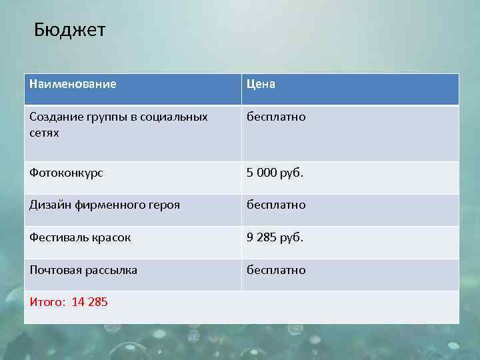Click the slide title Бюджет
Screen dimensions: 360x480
(69, 31)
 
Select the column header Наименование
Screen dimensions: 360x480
(73, 84)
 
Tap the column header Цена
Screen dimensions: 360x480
(261, 84)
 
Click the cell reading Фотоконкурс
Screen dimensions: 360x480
(66, 173)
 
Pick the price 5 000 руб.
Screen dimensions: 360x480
(275, 173)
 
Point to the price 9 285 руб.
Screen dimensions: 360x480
(275, 237)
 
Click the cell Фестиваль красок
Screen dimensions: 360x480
(80, 237)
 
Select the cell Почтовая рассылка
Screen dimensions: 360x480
(83, 270)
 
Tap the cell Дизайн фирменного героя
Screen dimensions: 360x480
(105, 205)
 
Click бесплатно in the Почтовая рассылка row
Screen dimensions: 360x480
(276, 270)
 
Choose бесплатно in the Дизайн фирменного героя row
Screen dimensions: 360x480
(276, 205)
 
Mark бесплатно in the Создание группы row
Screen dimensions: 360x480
(276, 117)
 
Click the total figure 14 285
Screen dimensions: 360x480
(89, 303)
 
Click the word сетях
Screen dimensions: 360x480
(44, 133)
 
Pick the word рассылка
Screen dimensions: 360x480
(113, 270)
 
